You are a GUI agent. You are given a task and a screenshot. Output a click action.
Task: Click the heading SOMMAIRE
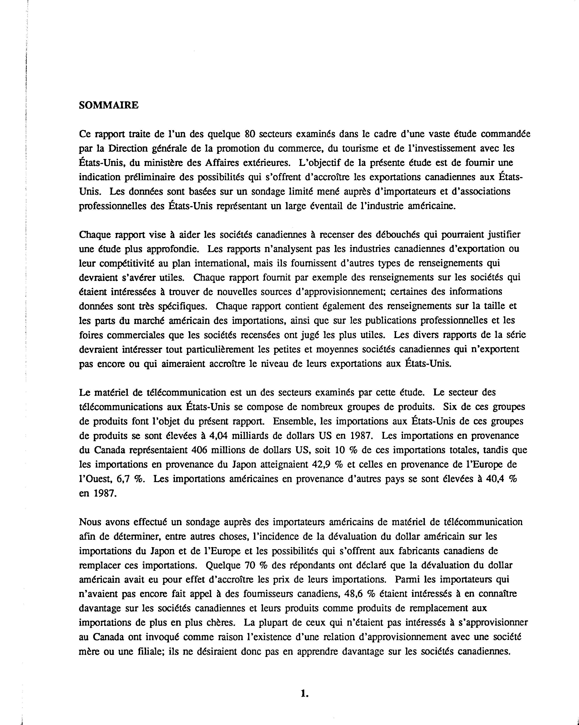(x=108, y=105)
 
